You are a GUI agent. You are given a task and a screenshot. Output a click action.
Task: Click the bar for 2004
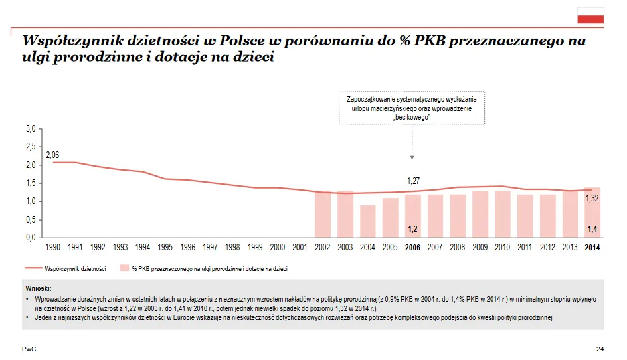tap(367, 221)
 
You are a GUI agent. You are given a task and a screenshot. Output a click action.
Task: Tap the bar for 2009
tap(480, 215)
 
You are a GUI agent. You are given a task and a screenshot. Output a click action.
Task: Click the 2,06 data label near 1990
tap(53, 155)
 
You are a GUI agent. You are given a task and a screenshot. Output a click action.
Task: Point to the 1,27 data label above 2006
tap(414, 181)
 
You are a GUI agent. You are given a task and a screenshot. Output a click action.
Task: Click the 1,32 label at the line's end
tap(592, 199)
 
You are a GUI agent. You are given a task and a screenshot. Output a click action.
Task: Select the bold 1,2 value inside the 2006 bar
tap(412, 229)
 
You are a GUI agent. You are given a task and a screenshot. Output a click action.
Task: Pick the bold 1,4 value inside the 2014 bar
tap(592, 229)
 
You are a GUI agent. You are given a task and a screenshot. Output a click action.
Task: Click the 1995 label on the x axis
tap(165, 247)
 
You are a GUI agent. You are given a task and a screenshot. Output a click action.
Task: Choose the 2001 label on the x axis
tap(300, 247)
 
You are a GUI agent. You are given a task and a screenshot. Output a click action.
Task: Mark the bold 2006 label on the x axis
tap(412, 247)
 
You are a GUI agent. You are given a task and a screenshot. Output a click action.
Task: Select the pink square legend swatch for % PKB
tap(124, 269)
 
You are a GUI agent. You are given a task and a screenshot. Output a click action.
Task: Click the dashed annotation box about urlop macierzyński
tap(412, 108)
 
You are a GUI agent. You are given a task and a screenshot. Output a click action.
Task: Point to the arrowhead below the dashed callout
tap(412, 157)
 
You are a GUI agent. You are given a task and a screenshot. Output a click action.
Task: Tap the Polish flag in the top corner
tap(590, 16)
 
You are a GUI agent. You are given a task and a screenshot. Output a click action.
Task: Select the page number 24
tap(600, 349)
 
